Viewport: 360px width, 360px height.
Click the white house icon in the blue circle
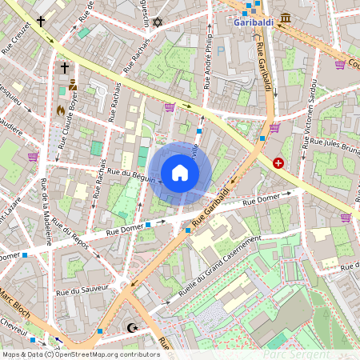click(180, 173)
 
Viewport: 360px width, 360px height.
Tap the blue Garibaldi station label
click(254, 22)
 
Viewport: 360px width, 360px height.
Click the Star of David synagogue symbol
click(157, 21)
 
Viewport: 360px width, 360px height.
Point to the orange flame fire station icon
click(60, 110)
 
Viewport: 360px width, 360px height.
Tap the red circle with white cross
click(278, 163)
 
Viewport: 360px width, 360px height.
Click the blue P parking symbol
click(221, 50)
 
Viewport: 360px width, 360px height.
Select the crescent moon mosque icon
click(133, 327)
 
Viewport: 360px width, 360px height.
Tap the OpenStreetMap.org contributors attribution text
click(104, 354)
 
